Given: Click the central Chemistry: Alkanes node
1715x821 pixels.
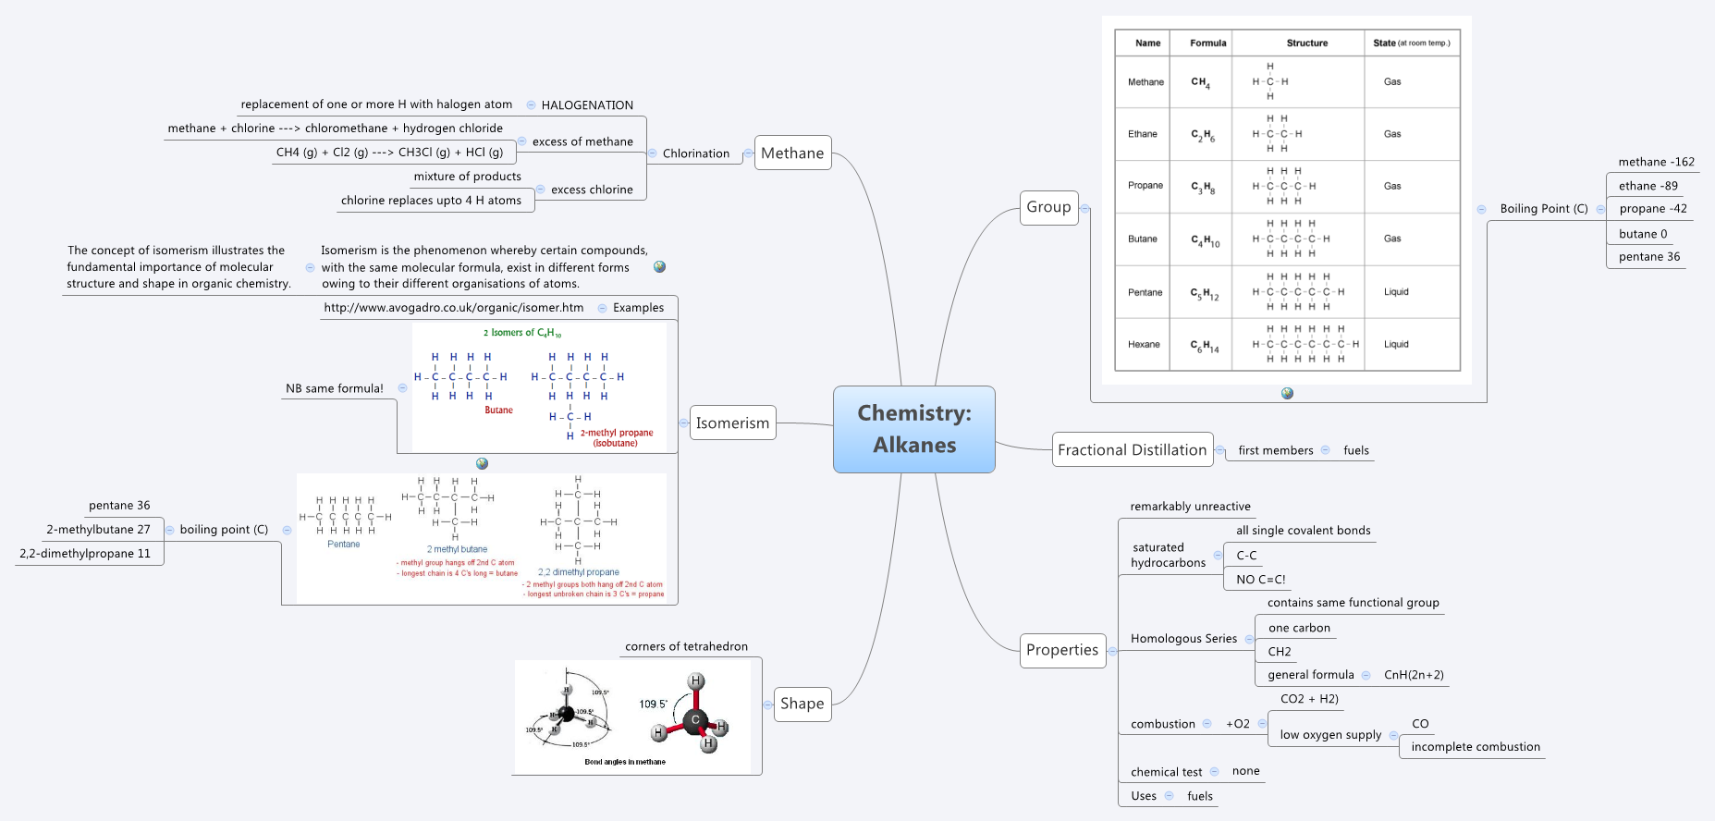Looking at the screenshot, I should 913,429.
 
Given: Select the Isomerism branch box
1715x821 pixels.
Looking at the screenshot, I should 732,423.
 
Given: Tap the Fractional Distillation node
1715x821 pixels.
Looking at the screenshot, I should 1132,449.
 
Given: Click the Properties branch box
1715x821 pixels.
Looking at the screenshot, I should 1061,650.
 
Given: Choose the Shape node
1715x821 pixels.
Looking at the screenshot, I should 802,704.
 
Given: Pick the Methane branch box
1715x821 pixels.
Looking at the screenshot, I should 792,153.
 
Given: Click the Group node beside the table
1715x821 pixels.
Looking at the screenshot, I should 1048,207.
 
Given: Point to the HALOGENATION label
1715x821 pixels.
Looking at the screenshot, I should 587,105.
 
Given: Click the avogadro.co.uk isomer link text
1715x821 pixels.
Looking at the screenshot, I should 453,308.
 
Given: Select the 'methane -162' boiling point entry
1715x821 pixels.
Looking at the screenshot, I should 1656,162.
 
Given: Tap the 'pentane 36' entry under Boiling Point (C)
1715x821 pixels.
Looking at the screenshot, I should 1648,257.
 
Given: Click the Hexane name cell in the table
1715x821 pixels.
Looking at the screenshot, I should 1144,344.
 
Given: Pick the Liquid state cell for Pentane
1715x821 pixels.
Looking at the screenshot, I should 1396,291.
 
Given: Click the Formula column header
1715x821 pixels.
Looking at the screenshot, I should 1207,43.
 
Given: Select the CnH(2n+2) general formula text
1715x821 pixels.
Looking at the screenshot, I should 1414,675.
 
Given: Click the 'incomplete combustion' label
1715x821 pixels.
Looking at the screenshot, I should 1475,747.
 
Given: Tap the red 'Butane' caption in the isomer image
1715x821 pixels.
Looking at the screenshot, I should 498,410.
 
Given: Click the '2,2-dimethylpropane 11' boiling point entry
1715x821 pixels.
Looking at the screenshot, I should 85,554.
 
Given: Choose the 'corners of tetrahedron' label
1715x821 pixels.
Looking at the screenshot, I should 686,646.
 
